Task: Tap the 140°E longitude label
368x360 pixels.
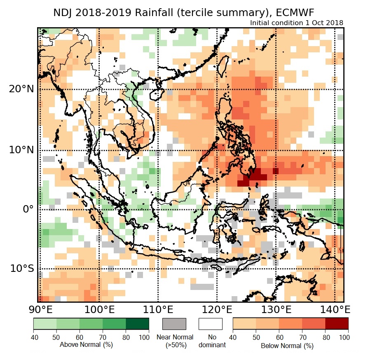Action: click(x=335, y=309)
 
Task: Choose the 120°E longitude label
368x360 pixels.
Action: click(x=216, y=309)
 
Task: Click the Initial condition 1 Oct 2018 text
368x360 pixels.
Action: click(x=296, y=23)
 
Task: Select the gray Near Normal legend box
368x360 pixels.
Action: click(x=174, y=324)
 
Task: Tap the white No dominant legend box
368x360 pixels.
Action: click(x=210, y=324)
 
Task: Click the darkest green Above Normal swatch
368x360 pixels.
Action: click(x=137, y=323)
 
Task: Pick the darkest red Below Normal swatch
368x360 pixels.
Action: click(x=337, y=323)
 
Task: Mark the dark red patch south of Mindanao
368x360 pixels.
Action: click(x=253, y=177)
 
